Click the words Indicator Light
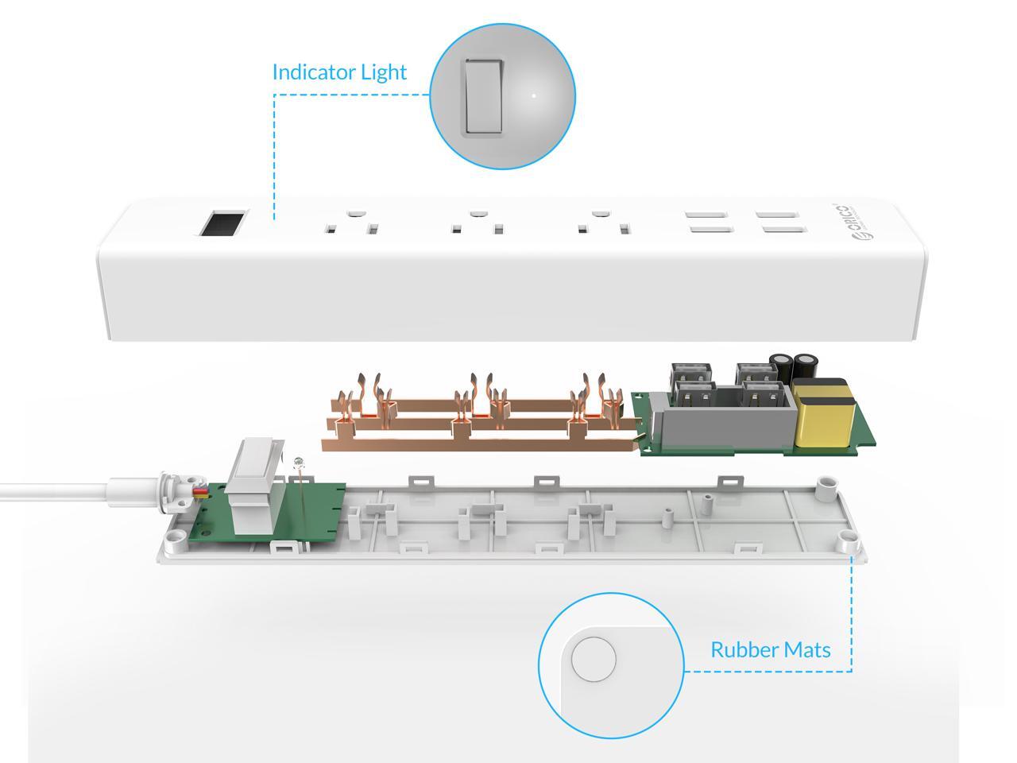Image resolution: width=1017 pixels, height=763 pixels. [x=339, y=72]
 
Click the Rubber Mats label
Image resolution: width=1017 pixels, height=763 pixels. [x=770, y=650]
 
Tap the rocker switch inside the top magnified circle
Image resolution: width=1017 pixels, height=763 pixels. [x=482, y=97]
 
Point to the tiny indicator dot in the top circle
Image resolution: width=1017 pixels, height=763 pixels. [x=534, y=96]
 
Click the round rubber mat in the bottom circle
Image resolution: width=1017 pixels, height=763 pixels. [x=594, y=659]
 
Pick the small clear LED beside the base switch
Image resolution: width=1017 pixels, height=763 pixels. [x=299, y=464]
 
